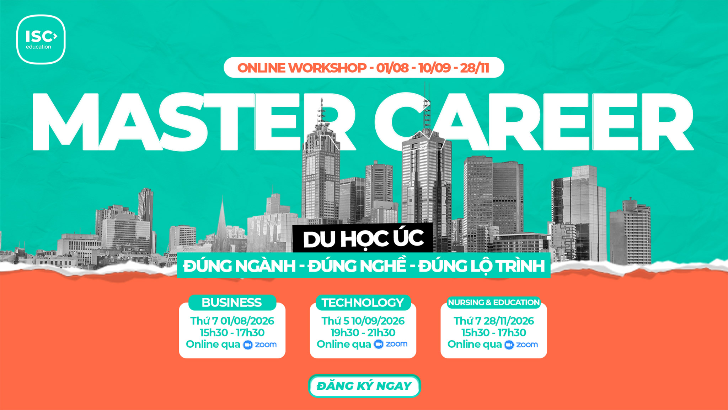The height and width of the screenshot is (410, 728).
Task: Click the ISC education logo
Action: tap(41, 40)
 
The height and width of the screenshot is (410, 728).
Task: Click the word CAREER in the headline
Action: tap(533, 122)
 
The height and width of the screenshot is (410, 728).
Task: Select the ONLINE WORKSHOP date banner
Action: tap(364, 68)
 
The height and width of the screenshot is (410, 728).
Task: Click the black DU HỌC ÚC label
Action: tap(363, 238)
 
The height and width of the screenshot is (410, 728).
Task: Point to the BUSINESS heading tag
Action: tap(232, 303)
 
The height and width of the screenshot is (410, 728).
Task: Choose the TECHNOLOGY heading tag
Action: tap(363, 303)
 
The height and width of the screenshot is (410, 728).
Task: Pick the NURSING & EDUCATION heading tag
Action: tap(494, 303)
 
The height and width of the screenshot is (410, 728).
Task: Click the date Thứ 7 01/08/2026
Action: tap(232, 321)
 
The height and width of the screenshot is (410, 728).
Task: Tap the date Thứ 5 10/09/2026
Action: tap(363, 321)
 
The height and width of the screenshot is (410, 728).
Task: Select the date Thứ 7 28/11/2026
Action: tap(494, 321)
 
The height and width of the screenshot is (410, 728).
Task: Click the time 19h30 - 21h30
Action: tap(363, 333)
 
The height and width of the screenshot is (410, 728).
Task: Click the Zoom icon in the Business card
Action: tap(248, 345)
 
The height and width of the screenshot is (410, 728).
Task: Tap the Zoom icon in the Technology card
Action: tap(379, 344)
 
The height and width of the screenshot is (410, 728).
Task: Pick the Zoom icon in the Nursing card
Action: tap(509, 345)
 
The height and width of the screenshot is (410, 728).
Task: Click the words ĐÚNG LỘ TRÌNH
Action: tap(482, 266)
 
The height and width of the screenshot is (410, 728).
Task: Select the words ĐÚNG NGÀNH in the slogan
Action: tap(239, 266)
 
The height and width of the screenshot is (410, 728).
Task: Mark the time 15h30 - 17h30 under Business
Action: tap(232, 333)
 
